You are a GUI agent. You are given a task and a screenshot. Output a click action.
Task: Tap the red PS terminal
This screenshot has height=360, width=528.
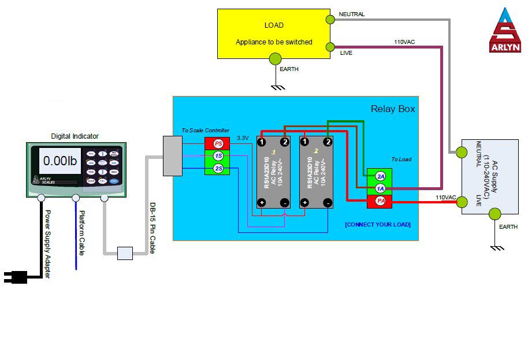point(218,143)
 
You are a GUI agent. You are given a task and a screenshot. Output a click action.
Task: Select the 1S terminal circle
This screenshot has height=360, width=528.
point(218,156)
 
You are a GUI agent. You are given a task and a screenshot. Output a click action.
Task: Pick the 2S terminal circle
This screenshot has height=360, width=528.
point(218,168)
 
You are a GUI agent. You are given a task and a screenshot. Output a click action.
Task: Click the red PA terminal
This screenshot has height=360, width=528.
point(380,201)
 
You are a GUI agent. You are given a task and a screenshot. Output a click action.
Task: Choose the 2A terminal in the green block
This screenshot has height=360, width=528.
point(380,176)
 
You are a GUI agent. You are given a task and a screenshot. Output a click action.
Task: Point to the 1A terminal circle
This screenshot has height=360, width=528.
point(380,188)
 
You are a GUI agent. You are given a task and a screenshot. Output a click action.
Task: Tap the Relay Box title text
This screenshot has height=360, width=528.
point(392,109)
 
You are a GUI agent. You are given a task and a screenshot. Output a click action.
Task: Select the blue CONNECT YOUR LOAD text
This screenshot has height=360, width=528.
point(378,224)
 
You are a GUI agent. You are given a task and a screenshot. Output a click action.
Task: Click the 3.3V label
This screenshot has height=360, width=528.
point(243,138)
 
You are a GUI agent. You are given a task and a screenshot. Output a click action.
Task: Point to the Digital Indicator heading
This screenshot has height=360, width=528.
point(75,136)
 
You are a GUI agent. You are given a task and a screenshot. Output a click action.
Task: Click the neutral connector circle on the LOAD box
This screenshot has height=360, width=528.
point(330,19)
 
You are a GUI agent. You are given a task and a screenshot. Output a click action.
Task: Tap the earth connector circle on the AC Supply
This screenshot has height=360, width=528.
point(494,214)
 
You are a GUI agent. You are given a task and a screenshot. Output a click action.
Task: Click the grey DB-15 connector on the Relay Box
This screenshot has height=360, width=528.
point(173,156)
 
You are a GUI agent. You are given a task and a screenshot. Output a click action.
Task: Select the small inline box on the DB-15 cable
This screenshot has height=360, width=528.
point(125,253)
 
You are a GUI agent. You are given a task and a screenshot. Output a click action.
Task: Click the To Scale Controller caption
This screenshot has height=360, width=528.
point(205,131)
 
